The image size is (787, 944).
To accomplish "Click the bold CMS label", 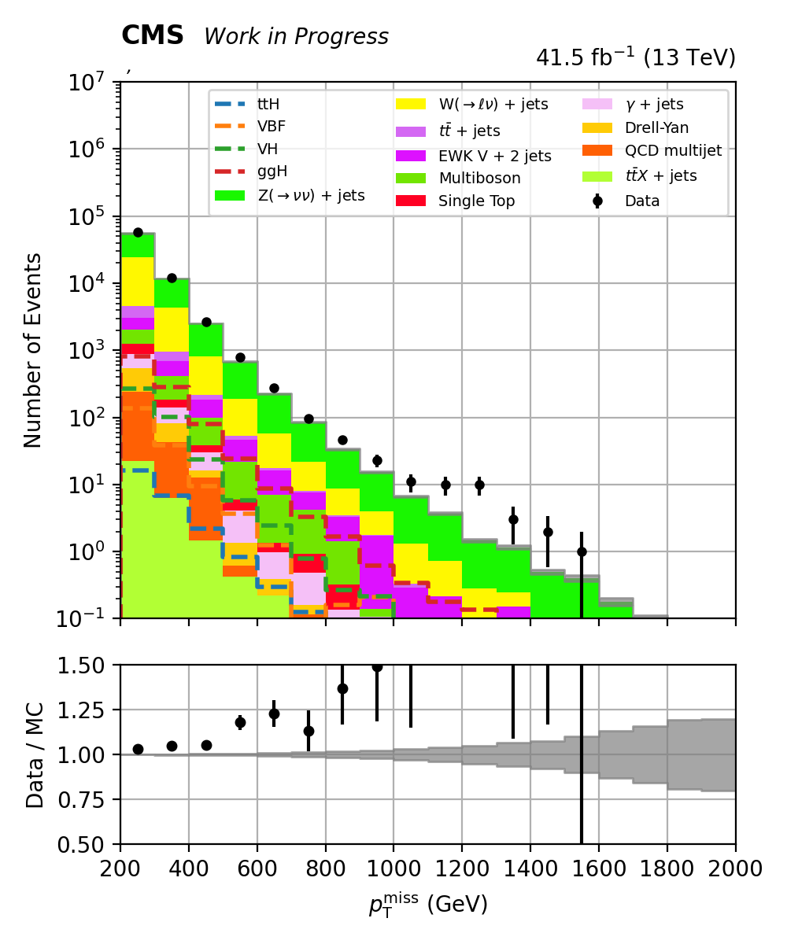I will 152,35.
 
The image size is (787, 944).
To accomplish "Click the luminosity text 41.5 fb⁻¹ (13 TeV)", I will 635,58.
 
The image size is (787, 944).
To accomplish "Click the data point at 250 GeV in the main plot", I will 138,232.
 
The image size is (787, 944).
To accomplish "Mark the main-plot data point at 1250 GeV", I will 479,485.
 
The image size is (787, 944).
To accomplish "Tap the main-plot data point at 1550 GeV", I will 582,551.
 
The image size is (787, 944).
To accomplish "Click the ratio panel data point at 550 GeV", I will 240,722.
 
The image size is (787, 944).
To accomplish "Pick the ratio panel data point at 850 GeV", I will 342,688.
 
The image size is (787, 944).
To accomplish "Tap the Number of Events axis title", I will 33,350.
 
